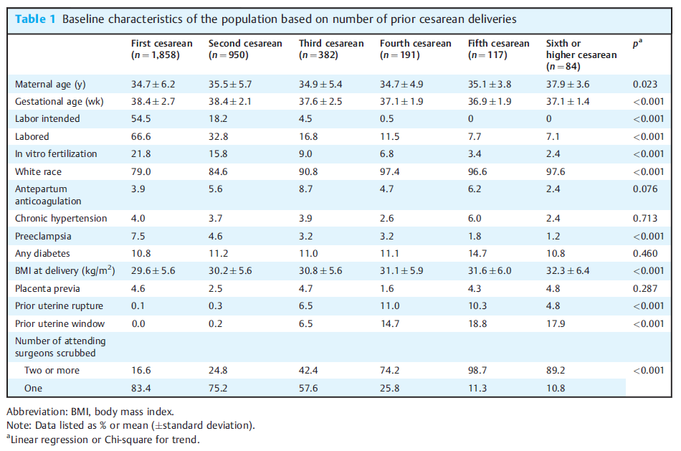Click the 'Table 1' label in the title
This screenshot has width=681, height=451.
[36, 19]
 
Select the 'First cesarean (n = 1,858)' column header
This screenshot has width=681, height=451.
[162, 49]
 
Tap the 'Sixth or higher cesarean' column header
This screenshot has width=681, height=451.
[581, 54]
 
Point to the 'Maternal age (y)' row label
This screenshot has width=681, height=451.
[50, 85]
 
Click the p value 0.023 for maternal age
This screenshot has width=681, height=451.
[645, 85]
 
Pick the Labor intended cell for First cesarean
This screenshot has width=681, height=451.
[141, 118]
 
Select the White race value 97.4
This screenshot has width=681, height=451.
[389, 171]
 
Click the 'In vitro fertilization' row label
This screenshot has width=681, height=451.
[56, 154]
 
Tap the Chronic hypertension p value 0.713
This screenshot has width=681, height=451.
[645, 218]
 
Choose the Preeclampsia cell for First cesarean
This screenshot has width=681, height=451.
[138, 237]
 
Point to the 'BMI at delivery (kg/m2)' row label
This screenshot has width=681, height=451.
[65, 271]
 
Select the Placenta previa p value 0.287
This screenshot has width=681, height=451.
[645, 288]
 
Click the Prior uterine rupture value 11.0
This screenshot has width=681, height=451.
[389, 306]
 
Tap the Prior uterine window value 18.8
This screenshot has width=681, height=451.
[477, 323]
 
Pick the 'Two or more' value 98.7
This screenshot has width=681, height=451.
[477, 370]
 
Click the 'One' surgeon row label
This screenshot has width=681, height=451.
[33, 388]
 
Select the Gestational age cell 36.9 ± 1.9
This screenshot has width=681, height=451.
[490, 101]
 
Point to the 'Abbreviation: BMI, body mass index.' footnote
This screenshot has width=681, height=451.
[90, 412]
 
